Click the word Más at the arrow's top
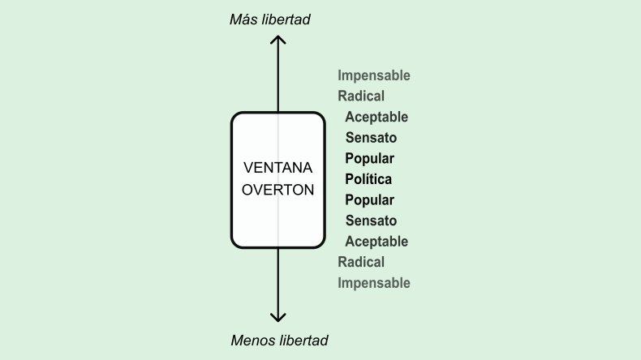tap(244, 19)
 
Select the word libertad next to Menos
tap(302, 341)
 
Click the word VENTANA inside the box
tap(278, 169)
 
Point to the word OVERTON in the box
tap(278, 191)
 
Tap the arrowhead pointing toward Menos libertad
tap(278, 318)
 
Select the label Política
tap(369, 179)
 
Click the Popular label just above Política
tap(369, 158)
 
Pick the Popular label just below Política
tap(369, 200)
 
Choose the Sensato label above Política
tap(371, 138)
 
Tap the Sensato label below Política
tap(371, 221)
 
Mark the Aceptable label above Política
tap(376, 118)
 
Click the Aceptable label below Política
tap(376, 242)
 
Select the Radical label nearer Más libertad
tap(361, 96)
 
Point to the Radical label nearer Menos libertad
tap(361, 262)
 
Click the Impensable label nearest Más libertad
tap(374, 76)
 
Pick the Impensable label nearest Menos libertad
tap(374, 283)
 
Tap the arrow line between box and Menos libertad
tap(278, 280)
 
